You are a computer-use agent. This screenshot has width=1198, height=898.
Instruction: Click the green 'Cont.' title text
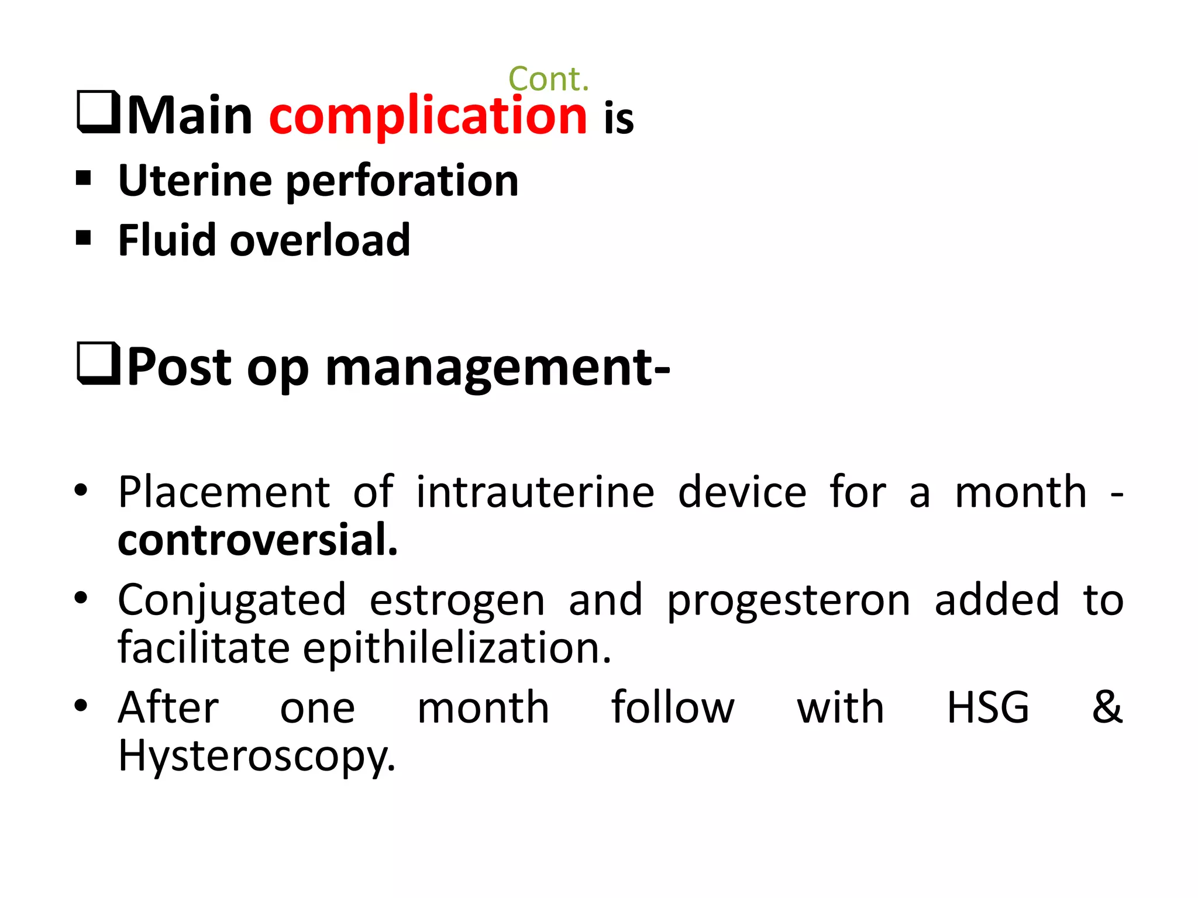548,79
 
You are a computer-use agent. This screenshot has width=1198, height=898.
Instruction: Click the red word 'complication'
428,116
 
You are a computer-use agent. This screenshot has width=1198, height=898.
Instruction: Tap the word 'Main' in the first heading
190,116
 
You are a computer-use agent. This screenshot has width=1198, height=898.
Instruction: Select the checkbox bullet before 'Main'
98,112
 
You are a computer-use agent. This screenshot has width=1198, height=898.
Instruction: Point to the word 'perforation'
402,181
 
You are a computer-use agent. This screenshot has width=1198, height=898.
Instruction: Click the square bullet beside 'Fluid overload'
84,238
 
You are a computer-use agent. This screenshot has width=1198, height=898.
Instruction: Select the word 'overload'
320,240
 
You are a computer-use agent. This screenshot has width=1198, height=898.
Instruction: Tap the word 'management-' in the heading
498,368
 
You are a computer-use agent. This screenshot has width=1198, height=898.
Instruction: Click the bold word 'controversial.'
257,539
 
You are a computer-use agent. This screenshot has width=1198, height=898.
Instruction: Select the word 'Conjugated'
232,600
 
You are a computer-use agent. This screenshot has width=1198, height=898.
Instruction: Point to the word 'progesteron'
788,600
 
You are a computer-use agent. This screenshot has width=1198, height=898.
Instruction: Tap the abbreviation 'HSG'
987,707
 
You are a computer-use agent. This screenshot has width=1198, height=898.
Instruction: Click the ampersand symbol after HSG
1107,706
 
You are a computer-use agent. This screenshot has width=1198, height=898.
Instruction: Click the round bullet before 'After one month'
81,705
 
